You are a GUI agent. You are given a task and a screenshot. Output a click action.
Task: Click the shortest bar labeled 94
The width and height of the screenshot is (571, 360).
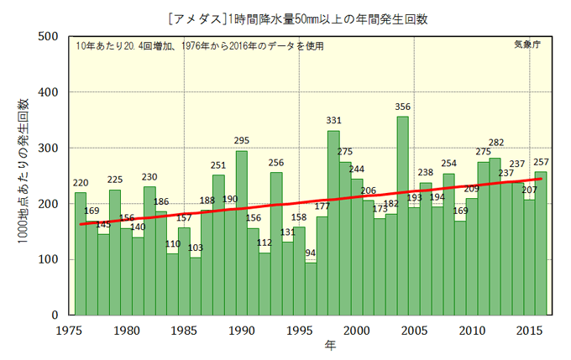[x=311, y=289]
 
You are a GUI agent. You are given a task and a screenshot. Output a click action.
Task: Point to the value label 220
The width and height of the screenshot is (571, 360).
[x=81, y=184]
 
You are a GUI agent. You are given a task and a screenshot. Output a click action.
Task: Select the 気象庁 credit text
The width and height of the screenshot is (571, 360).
[x=526, y=46]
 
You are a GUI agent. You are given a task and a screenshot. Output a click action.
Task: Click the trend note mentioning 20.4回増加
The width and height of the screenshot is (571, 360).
[x=198, y=46]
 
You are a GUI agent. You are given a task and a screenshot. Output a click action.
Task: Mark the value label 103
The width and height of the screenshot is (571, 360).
[x=196, y=248]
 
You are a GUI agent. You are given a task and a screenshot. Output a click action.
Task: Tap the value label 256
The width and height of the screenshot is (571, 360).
[x=276, y=163]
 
